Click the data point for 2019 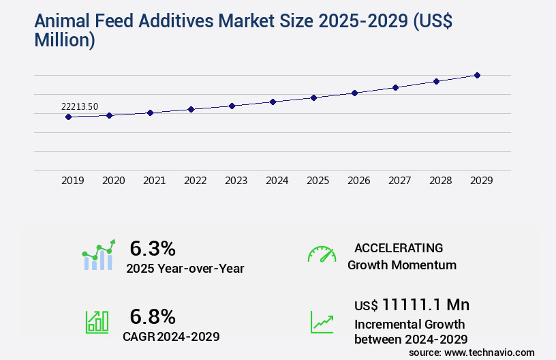coord(68,117)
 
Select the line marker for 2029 coord(477,75)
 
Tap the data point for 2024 coord(273,102)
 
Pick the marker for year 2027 coord(395,87)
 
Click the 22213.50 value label coord(80,106)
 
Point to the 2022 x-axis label coord(195,181)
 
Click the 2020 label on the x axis coord(113,181)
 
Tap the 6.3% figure coord(153,248)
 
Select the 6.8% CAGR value coord(153,316)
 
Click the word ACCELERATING coord(399,248)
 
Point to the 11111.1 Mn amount coord(425,304)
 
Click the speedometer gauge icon coord(322,254)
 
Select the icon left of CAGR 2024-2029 coord(97,322)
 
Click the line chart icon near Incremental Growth coord(322,322)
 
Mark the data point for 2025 coord(313,97)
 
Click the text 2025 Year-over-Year coord(185,269)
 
